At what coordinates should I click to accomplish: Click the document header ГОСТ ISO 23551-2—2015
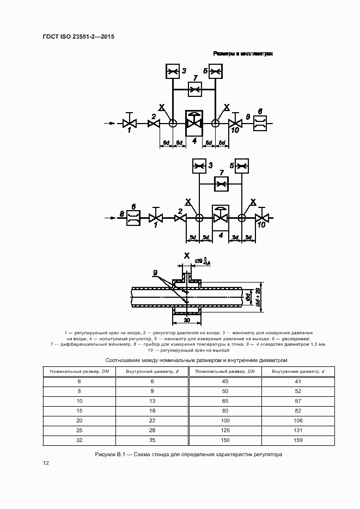point(78,37)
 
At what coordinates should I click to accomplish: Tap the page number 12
point(46,463)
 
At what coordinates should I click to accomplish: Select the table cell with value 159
point(298,440)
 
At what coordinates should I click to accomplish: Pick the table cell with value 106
point(298,420)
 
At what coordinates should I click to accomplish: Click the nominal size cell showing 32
point(80,440)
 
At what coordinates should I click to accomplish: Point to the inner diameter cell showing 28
point(152,430)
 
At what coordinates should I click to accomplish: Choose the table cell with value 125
point(224,430)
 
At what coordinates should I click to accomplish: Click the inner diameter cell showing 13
point(152,401)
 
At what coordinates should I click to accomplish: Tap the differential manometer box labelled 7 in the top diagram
point(194,89)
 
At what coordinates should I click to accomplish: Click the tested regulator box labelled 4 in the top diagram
point(194,124)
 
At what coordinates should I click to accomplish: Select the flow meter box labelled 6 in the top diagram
point(260,124)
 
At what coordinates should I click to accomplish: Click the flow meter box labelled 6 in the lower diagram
point(133,218)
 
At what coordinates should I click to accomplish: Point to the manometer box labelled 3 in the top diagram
point(173,71)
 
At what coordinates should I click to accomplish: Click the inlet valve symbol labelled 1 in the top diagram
point(129,124)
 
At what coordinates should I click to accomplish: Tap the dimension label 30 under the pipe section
point(187,320)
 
